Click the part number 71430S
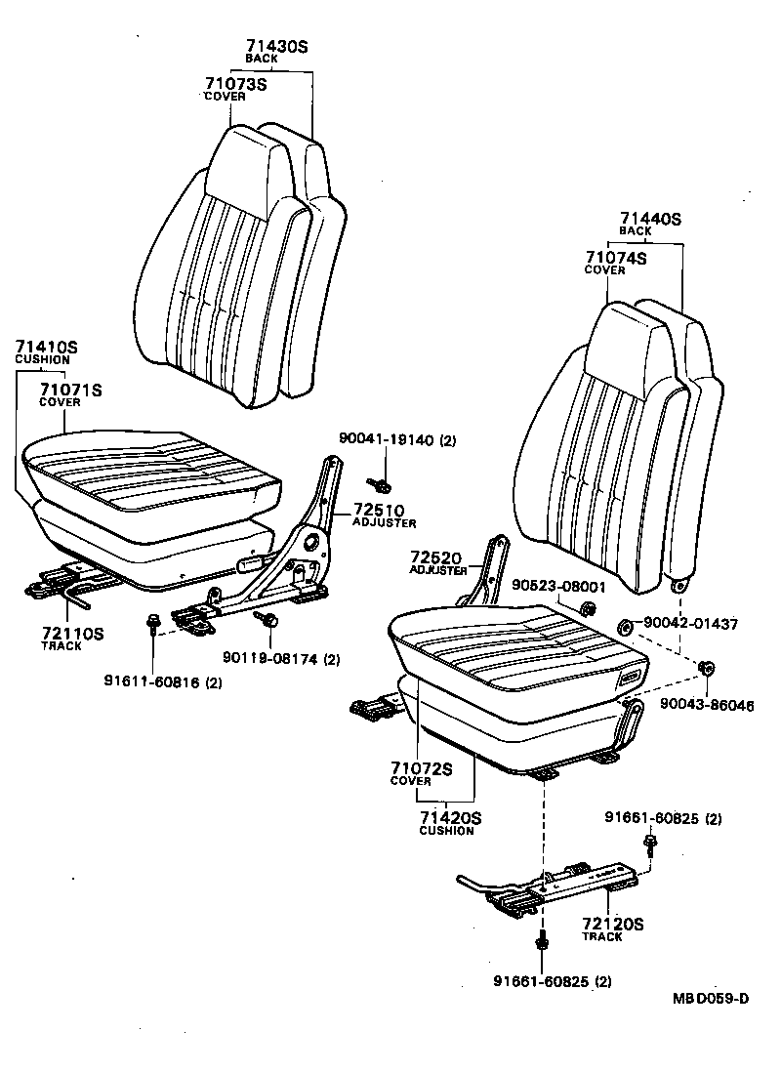(x=276, y=46)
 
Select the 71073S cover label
(x=235, y=84)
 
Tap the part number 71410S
(x=46, y=347)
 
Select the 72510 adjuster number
(x=370, y=511)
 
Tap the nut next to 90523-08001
(x=589, y=610)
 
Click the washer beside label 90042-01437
(x=622, y=624)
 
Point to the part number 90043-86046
(x=707, y=704)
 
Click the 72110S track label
(x=71, y=634)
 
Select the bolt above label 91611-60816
(x=153, y=622)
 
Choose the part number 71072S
(x=422, y=768)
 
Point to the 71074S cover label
(x=616, y=258)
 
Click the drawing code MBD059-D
(x=710, y=998)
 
